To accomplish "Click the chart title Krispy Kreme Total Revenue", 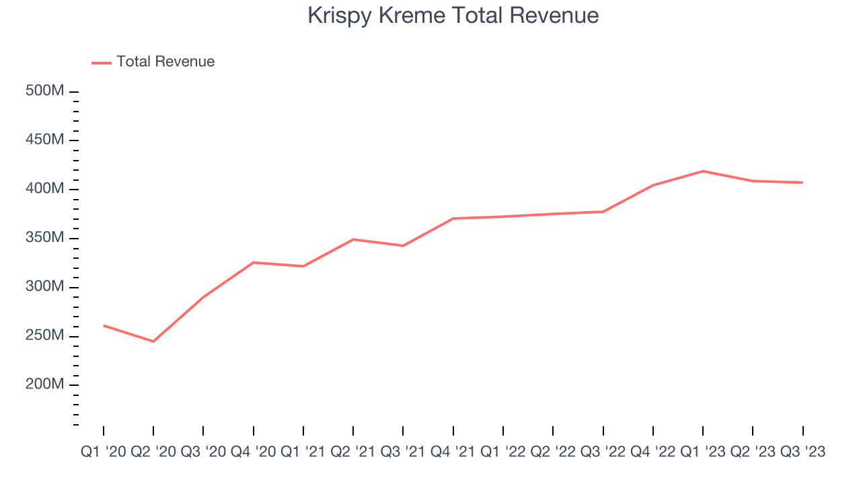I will [x=453, y=15].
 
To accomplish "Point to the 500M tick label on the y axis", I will [x=44, y=91].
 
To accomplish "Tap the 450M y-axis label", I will [x=44, y=140].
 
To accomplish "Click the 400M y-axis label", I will [x=44, y=189].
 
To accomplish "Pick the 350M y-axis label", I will [x=44, y=238].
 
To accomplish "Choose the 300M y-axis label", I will [x=44, y=287].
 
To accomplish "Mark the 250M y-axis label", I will [x=44, y=336].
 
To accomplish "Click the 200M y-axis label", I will [x=44, y=385].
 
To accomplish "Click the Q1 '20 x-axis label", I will [x=103, y=452].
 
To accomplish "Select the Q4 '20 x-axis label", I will [x=253, y=452].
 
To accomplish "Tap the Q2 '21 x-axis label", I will [x=353, y=452].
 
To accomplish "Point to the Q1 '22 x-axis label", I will [x=503, y=452].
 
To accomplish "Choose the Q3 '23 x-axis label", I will [x=802, y=452].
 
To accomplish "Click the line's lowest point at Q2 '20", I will [x=153, y=341].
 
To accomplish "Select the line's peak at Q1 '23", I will [x=702, y=171].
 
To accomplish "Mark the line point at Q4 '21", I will [x=453, y=218].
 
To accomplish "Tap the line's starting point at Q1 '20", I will [x=104, y=325].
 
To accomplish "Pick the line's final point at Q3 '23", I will [x=802, y=182].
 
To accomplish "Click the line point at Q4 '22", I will [x=652, y=186].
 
